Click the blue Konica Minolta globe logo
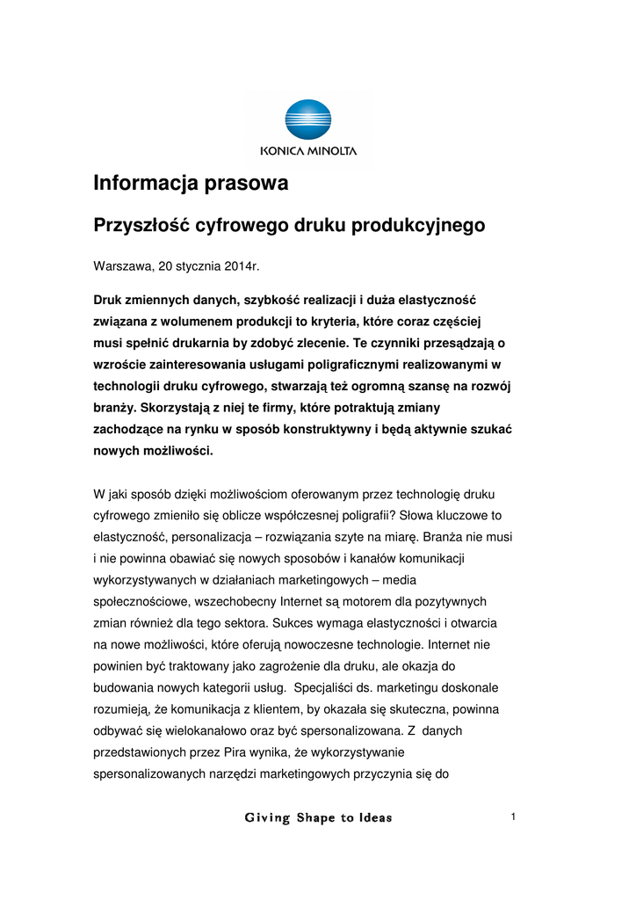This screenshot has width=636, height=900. [308, 120]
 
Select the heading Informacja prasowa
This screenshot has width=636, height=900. [191, 185]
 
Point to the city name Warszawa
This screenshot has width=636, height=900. [122, 265]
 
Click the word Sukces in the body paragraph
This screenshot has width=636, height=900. [292, 622]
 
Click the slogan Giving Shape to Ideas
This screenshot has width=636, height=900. [318, 818]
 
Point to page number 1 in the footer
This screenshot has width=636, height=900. [512, 818]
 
